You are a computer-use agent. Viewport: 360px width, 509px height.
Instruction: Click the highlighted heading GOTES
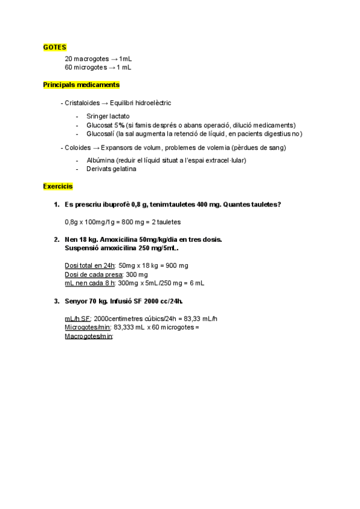(x=55, y=47)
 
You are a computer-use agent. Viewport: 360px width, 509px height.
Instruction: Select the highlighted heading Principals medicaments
(x=81, y=85)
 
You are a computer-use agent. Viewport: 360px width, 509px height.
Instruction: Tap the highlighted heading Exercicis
(x=58, y=187)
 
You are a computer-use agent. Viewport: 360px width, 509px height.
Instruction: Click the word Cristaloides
(x=82, y=103)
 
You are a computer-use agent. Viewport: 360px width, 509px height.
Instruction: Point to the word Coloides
(x=77, y=148)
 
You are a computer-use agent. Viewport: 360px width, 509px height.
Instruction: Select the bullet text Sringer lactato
(x=108, y=116)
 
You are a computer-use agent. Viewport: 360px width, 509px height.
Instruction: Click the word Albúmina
(x=101, y=160)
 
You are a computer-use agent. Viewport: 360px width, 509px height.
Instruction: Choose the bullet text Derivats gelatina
(x=112, y=169)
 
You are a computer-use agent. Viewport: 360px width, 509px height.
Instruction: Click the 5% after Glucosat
(x=119, y=125)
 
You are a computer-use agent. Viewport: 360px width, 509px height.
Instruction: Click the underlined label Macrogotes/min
(x=88, y=337)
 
